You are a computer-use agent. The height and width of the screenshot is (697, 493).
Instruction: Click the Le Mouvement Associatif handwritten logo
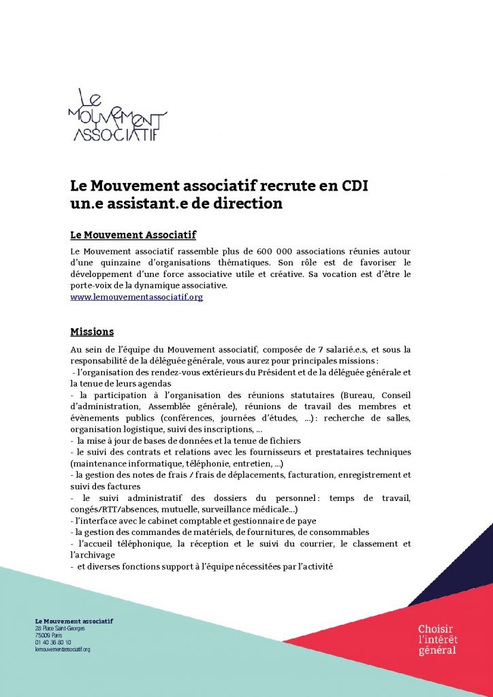pyautogui.click(x=117, y=115)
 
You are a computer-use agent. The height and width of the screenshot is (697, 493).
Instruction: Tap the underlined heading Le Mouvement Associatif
pyautogui.click(x=133, y=235)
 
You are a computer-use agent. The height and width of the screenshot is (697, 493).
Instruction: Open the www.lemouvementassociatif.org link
pyautogui.click(x=137, y=297)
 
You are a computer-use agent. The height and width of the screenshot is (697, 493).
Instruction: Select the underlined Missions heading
pyautogui.click(x=92, y=332)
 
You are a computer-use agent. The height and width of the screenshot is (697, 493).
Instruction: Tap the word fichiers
pyautogui.click(x=281, y=441)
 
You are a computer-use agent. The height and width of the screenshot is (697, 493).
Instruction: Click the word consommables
pyautogui.click(x=337, y=532)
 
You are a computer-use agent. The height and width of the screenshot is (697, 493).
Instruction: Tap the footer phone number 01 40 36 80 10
pyautogui.click(x=52, y=642)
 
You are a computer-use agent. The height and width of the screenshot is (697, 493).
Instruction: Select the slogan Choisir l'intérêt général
pyautogui.click(x=438, y=640)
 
